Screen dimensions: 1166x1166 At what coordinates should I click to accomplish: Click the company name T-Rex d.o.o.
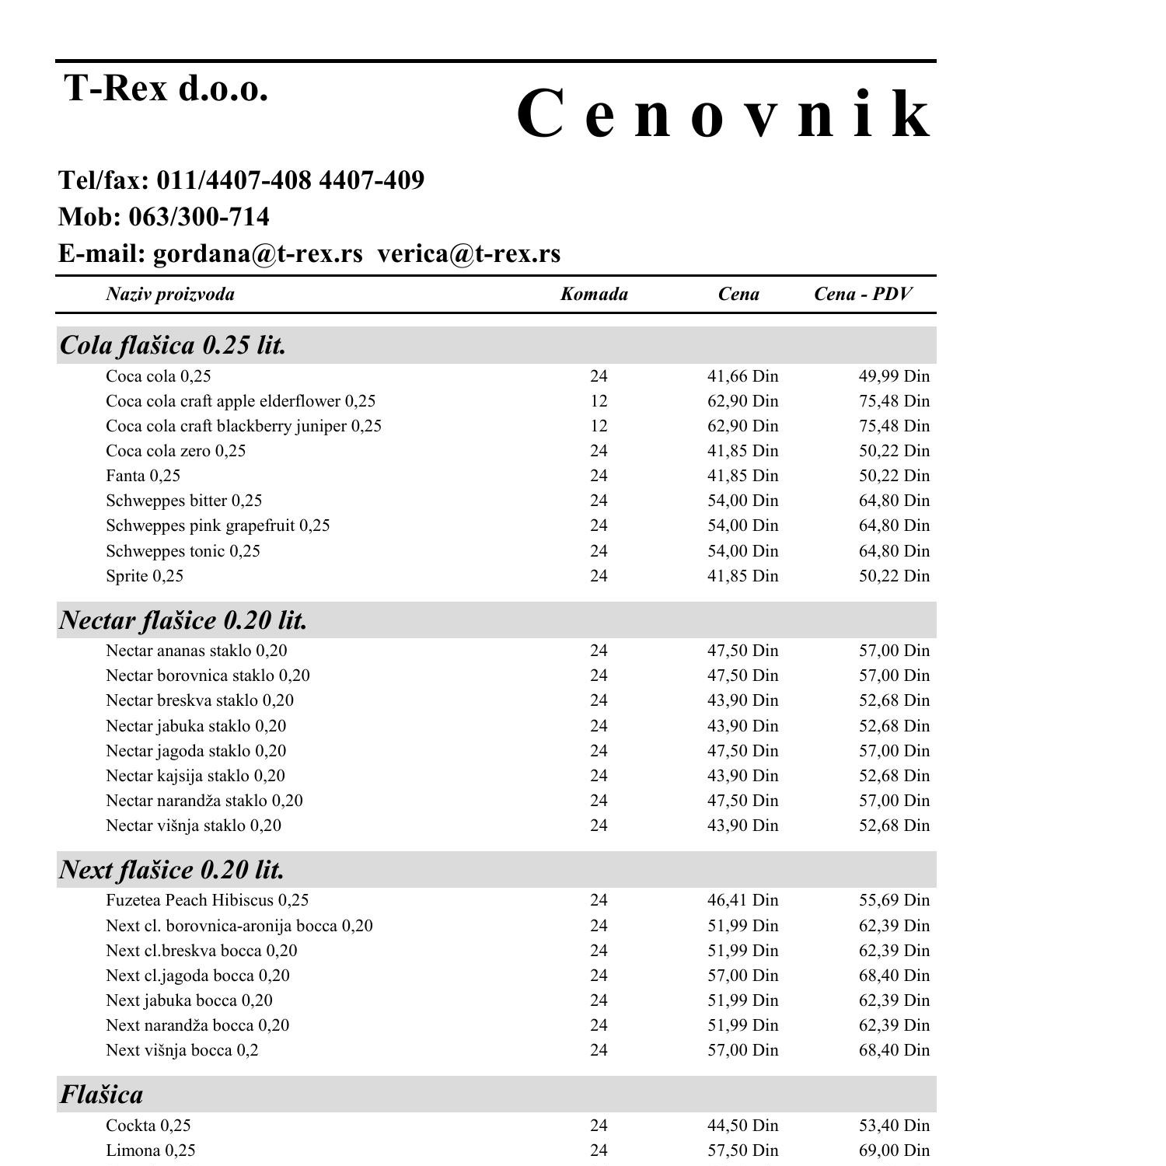[166, 88]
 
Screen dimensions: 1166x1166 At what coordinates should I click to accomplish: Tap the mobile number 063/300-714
[198, 217]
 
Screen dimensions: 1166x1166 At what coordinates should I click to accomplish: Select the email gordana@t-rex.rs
[257, 253]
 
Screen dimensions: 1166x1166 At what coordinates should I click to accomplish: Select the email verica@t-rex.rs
[469, 253]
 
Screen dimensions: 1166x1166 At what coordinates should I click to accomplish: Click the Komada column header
[594, 294]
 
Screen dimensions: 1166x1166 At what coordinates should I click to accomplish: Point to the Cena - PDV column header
[863, 294]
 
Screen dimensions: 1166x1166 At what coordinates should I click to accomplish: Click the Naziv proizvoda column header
[170, 294]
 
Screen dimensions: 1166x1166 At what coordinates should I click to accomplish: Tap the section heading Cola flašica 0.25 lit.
[173, 345]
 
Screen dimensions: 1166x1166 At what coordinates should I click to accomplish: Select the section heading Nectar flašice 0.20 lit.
[183, 620]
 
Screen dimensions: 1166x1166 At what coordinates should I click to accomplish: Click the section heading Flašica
[101, 1094]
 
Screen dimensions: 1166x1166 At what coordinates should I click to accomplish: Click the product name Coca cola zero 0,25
[176, 451]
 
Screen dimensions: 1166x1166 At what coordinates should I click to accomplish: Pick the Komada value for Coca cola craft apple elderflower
[598, 401]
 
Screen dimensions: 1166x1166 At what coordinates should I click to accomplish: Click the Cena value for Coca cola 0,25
[742, 376]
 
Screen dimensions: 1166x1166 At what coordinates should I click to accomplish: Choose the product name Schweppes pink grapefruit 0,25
[218, 525]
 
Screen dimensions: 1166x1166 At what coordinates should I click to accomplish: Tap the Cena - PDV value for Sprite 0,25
[894, 576]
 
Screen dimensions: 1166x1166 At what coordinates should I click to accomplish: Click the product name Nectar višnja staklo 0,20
[194, 826]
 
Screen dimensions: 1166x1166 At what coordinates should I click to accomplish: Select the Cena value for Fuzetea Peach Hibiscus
[742, 900]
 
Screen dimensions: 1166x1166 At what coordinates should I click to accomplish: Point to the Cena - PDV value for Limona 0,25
[894, 1150]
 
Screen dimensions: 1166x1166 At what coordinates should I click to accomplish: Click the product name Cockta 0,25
[148, 1126]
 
